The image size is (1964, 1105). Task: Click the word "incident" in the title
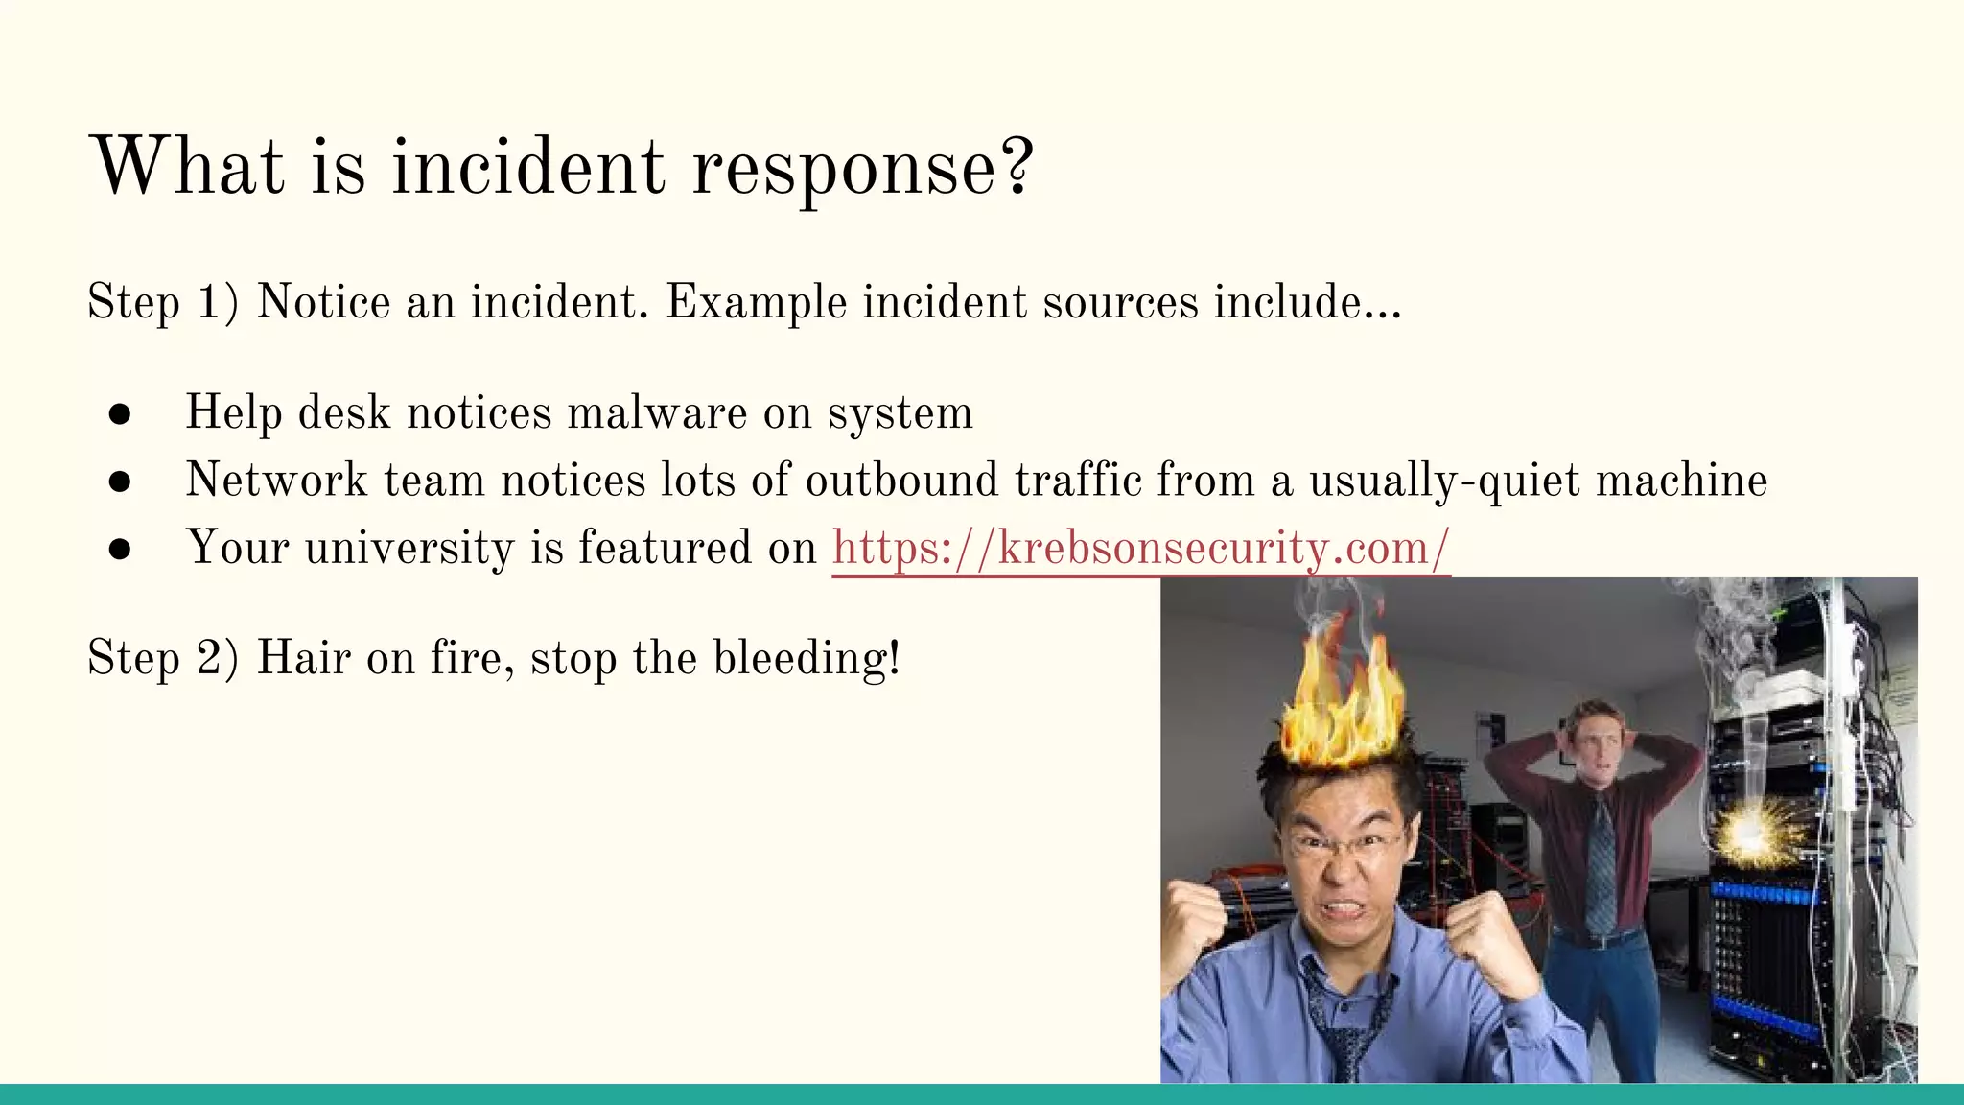[x=526, y=167]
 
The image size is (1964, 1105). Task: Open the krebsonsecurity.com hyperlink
[x=1140, y=548]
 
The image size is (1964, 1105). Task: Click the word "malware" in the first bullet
[x=657, y=413]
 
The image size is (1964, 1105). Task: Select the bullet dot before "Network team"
[x=120, y=481]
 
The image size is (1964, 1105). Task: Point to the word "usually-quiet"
[x=1443, y=481]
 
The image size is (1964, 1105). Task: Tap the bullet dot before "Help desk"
[x=120, y=413]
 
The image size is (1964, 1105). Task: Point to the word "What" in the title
[x=187, y=167]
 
